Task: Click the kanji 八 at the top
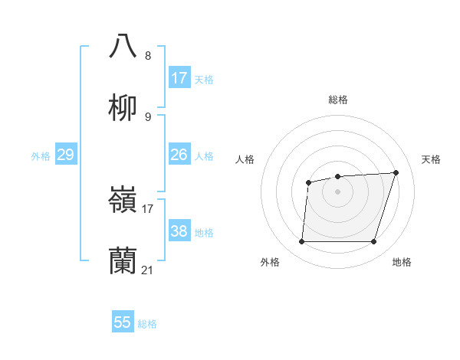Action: pos(123,46)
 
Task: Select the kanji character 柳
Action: pos(123,108)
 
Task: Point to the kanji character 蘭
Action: pos(123,261)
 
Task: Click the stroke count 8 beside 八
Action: pos(148,56)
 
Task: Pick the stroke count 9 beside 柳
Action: pos(148,117)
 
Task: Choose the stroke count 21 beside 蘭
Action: pos(148,270)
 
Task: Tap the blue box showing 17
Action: pos(179,78)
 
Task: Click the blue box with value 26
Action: pos(179,155)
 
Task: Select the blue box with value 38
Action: pos(179,231)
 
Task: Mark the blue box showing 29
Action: pos(65,155)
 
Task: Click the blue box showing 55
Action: pos(123,322)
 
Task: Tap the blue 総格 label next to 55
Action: pos(147,324)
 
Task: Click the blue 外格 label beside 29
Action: pos(41,156)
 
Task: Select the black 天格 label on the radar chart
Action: pos(431,159)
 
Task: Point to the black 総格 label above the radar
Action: pos(337,100)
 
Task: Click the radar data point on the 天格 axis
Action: pos(396,172)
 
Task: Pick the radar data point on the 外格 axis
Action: pos(301,242)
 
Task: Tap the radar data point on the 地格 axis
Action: pos(373,242)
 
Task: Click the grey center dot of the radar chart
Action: pos(337,191)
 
